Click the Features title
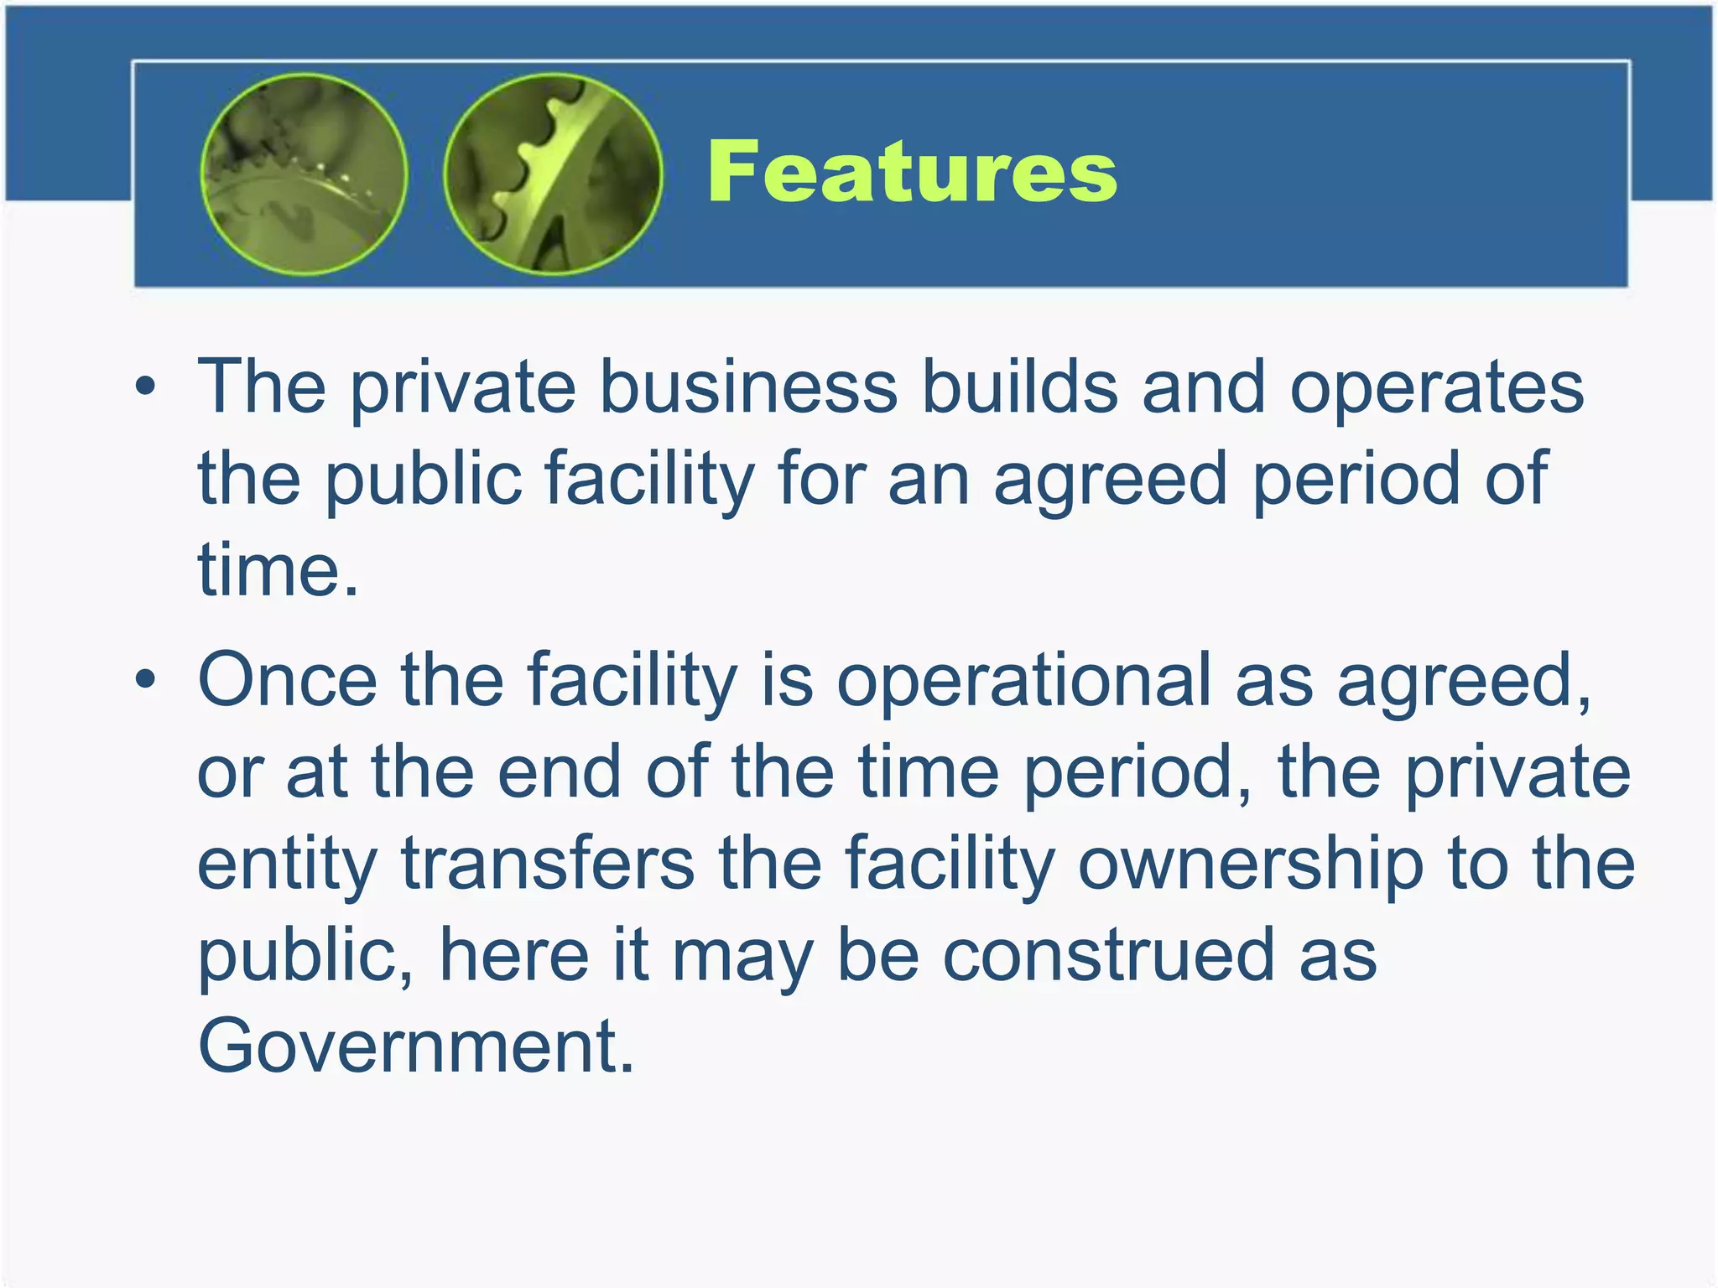click(912, 172)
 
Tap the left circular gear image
click(305, 174)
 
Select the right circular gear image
click(553, 174)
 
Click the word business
click(748, 387)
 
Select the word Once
click(287, 680)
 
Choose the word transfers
click(548, 864)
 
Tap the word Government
click(415, 1046)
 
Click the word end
click(560, 772)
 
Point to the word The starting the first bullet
click(261, 387)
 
